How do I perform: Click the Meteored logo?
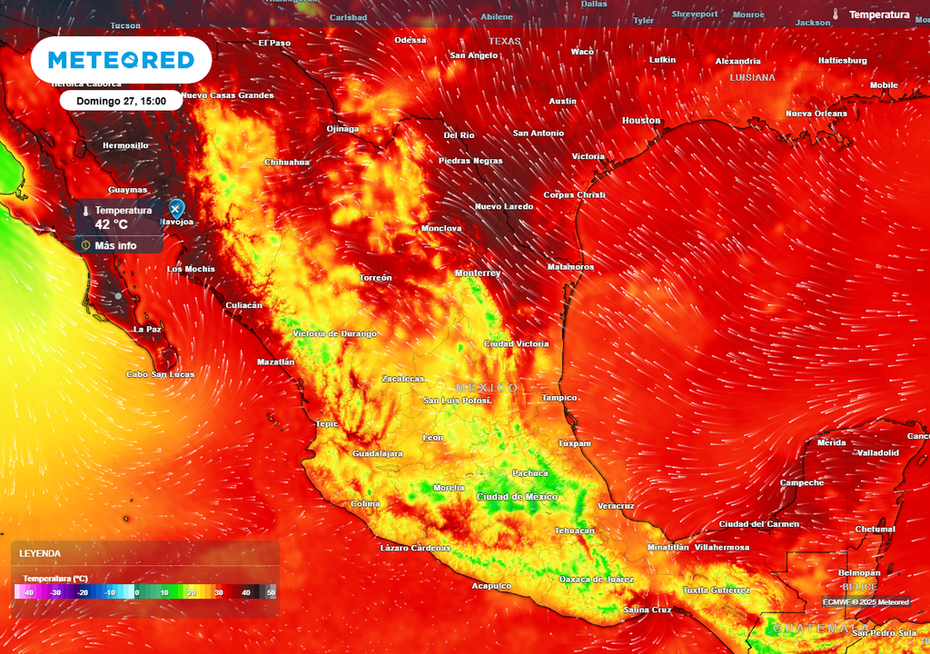click(x=121, y=60)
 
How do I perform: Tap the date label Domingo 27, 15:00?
click(x=121, y=101)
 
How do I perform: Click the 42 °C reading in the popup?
click(x=112, y=224)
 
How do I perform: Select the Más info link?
click(x=115, y=245)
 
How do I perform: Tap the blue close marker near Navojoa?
click(x=176, y=209)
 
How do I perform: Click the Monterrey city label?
click(x=478, y=272)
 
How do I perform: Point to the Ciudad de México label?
click(x=517, y=497)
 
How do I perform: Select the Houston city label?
click(x=641, y=121)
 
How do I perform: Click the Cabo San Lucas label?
click(x=160, y=374)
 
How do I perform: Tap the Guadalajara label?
click(x=377, y=453)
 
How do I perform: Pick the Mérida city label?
click(x=831, y=443)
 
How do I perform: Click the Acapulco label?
click(x=490, y=586)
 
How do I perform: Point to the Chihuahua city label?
click(x=286, y=163)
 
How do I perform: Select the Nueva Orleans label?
click(x=816, y=114)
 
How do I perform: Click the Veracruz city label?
click(x=616, y=506)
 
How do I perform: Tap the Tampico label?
click(x=559, y=398)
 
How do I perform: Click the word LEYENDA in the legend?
click(x=40, y=553)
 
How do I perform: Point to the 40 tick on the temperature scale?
click(x=245, y=592)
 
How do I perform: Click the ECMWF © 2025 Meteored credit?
click(x=866, y=601)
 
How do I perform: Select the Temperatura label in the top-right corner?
click(x=878, y=15)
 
